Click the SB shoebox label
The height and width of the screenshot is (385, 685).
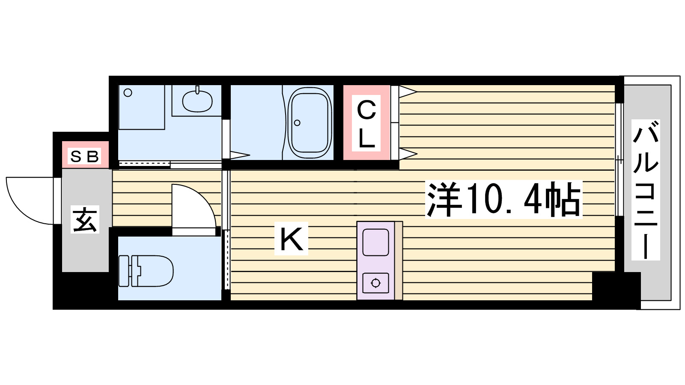pyautogui.click(x=85, y=157)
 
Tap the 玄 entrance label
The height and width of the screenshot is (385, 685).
pyautogui.click(x=85, y=219)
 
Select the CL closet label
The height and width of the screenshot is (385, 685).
pyautogui.click(x=366, y=124)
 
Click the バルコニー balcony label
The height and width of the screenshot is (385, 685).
pyautogui.click(x=646, y=190)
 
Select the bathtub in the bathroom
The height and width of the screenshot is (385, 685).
pyautogui.click(x=310, y=123)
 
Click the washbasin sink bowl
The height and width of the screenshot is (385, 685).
pyautogui.click(x=197, y=101)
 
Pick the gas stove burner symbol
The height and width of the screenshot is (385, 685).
pyautogui.click(x=376, y=283)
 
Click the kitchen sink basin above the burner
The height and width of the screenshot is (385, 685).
pyautogui.click(x=376, y=242)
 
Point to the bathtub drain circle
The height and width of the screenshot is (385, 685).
pyautogui.click(x=297, y=123)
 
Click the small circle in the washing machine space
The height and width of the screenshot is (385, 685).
pyautogui.click(x=128, y=92)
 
